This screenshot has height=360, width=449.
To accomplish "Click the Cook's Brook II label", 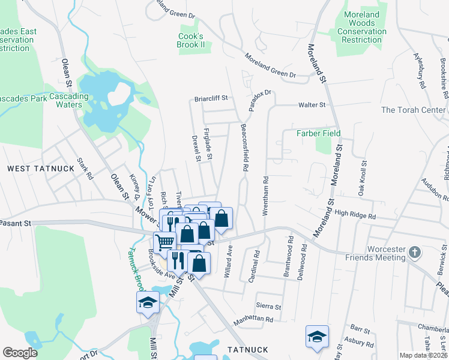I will (191, 40).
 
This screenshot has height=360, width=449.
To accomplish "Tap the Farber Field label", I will (319, 133).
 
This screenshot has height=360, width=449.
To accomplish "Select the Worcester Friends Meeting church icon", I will (414, 253).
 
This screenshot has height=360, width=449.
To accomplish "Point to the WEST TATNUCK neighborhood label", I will (41, 169).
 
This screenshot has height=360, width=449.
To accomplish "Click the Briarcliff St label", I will (211, 98).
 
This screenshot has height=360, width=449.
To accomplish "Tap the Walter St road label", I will (312, 105).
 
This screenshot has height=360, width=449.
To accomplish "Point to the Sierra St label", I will (268, 306).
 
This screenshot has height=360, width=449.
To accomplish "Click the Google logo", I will (20, 353).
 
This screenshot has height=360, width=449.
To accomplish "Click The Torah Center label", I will (414, 110).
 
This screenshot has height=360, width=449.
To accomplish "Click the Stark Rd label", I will (86, 169).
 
